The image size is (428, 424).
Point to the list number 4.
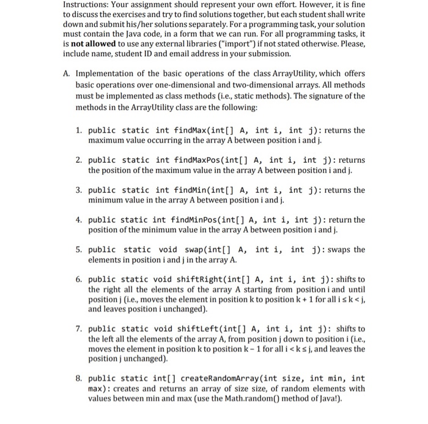[79, 220]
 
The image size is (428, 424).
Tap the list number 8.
[79, 379]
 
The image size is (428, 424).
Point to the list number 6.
[79, 279]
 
